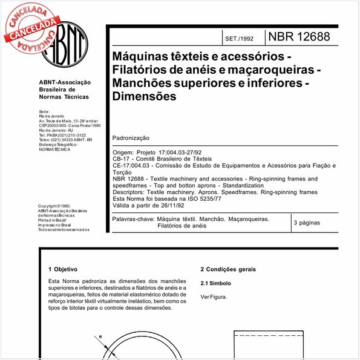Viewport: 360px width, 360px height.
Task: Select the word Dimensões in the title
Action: [x=145, y=96]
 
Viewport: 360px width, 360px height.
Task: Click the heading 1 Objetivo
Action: [x=62, y=269]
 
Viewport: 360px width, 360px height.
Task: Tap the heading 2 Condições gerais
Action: [x=228, y=269]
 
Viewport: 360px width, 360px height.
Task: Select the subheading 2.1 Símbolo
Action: [x=215, y=283]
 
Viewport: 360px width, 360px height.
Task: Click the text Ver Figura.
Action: [x=214, y=297]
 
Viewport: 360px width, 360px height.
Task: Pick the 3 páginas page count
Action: [x=306, y=223]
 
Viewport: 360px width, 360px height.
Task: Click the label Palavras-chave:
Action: [x=133, y=218]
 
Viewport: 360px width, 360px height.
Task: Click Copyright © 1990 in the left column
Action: [x=54, y=206]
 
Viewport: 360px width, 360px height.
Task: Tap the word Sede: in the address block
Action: [x=44, y=112]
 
